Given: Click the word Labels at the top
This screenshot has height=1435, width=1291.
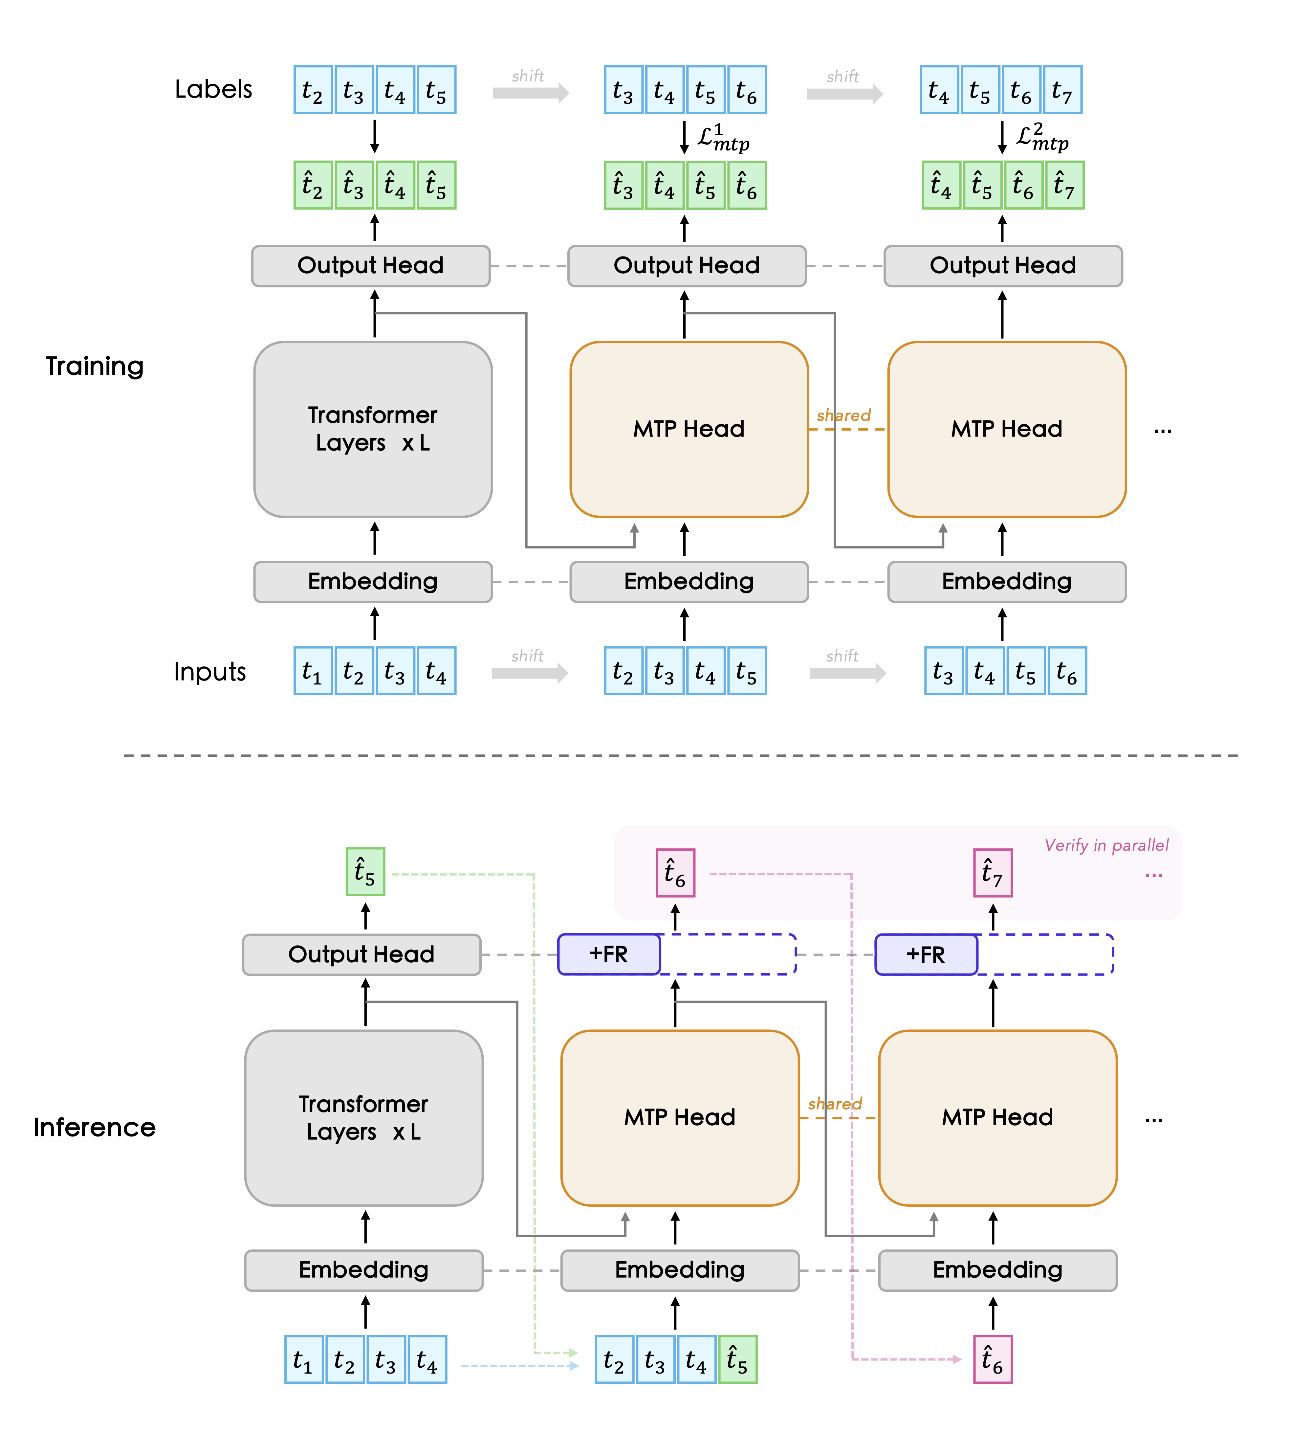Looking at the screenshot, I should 213,89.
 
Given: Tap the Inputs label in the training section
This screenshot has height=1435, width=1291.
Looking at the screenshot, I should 210,671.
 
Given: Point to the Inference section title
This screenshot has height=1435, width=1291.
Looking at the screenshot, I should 94,1127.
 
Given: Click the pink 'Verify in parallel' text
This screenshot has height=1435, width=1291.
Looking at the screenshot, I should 1106,845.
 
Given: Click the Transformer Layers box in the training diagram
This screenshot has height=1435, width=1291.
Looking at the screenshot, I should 373,429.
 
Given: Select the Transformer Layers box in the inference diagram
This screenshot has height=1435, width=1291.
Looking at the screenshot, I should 364,1118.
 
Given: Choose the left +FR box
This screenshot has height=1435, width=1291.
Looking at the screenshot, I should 609,954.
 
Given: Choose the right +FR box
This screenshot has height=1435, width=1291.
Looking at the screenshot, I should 926,954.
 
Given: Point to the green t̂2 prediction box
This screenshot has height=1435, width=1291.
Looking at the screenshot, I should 313,185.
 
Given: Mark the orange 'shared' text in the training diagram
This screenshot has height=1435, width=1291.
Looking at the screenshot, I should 843,415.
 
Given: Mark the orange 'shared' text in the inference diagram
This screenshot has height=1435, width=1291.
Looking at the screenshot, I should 835,1104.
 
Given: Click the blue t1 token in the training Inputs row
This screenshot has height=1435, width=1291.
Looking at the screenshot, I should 313,671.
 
